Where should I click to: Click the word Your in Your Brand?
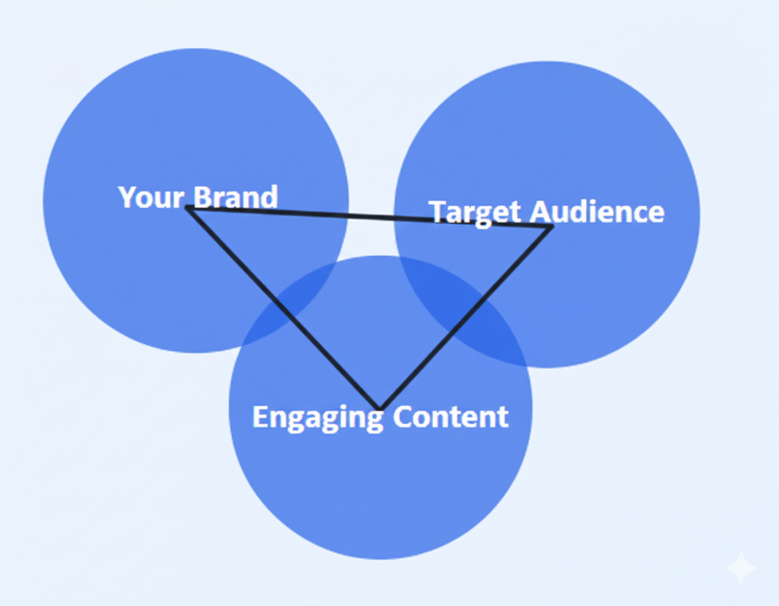point(151,197)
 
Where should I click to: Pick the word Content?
point(451,417)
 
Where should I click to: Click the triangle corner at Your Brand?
point(188,207)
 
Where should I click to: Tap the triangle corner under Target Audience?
point(552,226)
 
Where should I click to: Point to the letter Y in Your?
point(126,197)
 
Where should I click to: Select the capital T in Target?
point(437,212)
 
